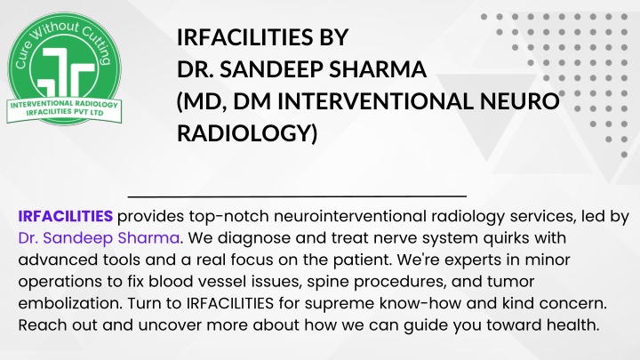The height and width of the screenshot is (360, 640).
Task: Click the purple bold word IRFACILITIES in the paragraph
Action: click(65, 216)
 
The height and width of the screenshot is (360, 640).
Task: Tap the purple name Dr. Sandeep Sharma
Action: click(99, 238)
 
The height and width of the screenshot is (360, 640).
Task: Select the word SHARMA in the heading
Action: click(378, 69)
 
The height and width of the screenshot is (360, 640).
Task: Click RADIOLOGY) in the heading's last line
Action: click(247, 133)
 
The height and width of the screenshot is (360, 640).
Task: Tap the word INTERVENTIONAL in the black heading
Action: click(375, 101)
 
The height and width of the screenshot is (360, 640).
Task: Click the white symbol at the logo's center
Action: click(66, 72)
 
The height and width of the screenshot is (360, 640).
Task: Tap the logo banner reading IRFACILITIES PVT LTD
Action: click(65, 111)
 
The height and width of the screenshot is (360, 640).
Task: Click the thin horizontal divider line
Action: click(297, 196)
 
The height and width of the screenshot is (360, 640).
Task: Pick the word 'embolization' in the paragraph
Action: click(70, 303)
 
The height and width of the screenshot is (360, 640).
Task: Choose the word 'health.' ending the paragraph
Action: click(573, 325)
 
